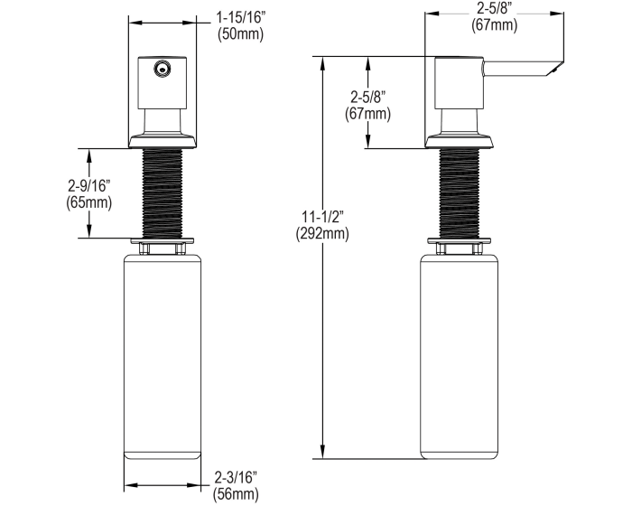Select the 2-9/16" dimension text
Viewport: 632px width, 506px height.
coord(89,186)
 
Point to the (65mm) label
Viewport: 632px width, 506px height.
coord(89,202)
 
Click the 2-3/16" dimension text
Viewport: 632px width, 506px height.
coord(236,478)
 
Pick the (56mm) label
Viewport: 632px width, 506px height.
coord(236,494)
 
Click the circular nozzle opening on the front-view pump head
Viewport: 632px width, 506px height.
coord(163,67)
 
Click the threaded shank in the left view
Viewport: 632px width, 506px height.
coord(162,193)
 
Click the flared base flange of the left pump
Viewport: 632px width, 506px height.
coord(162,140)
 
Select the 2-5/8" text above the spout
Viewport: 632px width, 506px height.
coord(495,9)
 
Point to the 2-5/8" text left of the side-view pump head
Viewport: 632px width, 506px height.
coord(367,97)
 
